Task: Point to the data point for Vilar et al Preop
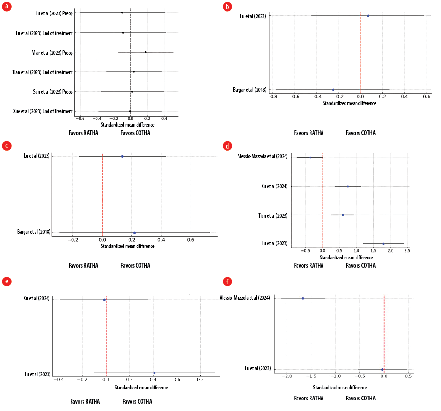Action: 145,52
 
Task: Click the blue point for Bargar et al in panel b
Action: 333,90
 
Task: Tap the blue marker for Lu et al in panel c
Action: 122,156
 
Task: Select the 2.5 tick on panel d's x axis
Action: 407,250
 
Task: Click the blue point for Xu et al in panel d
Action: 348,186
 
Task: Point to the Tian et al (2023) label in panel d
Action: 273,215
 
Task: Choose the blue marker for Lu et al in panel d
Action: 383,244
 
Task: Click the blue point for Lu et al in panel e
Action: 154,373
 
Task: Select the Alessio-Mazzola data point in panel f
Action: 303,298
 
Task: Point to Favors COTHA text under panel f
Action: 360,399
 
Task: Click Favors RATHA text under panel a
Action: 83,133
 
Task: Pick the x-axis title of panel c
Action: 128,246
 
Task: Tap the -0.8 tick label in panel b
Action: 272,96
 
